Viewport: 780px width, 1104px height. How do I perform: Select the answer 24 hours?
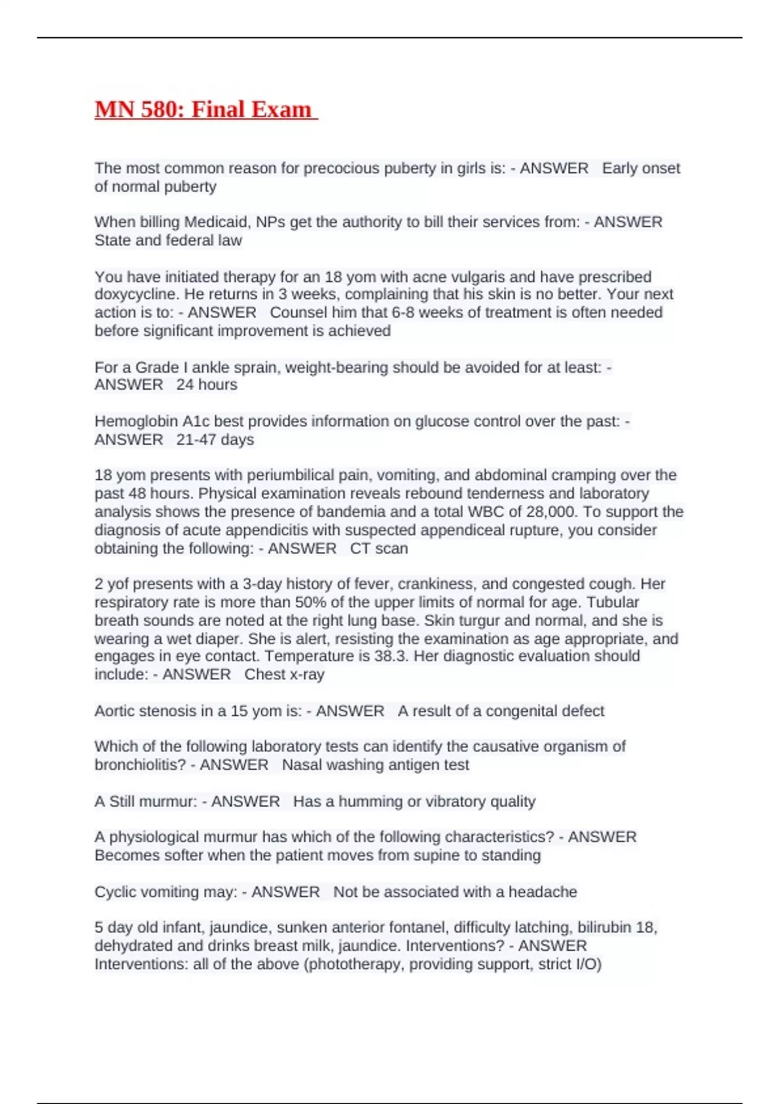click(x=207, y=384)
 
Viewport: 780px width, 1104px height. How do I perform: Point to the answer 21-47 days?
click(x=215, y=440)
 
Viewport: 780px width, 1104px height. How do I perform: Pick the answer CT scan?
click(x=379, y=548)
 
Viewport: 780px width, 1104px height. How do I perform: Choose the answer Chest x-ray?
click(x=284, y=674)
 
